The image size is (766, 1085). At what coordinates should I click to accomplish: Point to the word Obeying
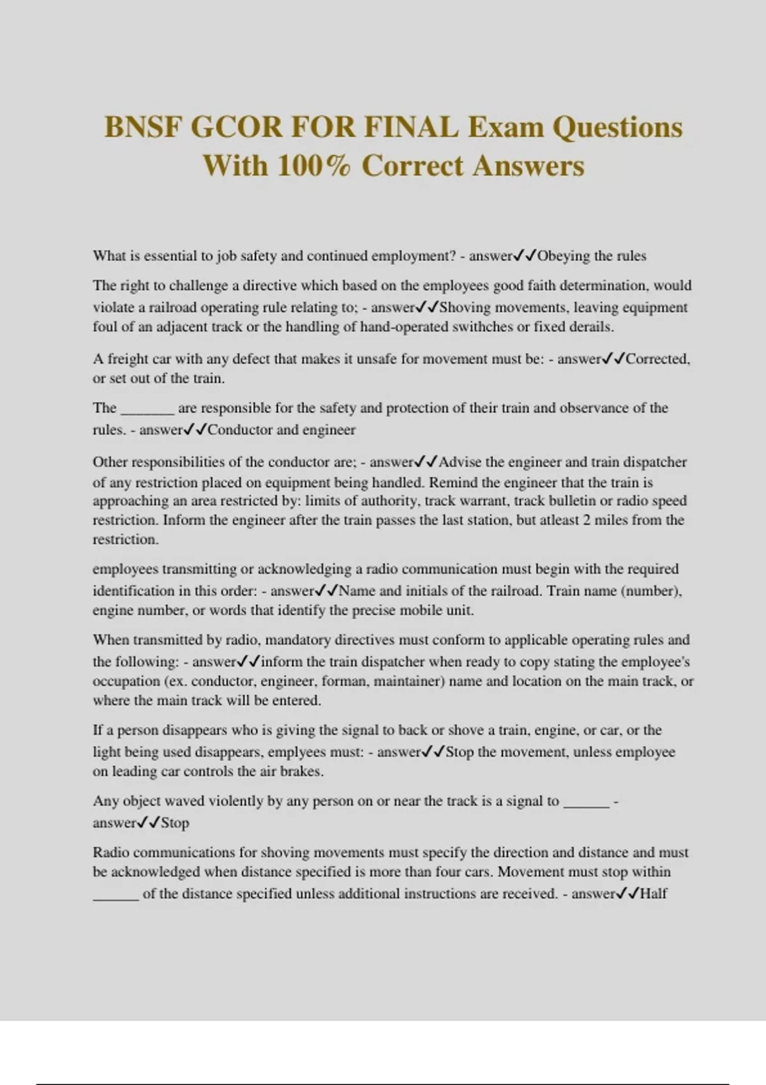pyautogui.click(x=564, y=256)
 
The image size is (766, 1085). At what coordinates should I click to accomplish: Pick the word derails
pyautogui.click(x=593, y=327)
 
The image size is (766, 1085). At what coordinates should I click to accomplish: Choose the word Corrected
pyautogui.click(x=657, y=359)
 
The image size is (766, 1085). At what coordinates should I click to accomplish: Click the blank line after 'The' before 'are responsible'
pyautogui.click(x=147, y=409)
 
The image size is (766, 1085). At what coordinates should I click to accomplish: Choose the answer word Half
pyautogui.click(x=653, y=894)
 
